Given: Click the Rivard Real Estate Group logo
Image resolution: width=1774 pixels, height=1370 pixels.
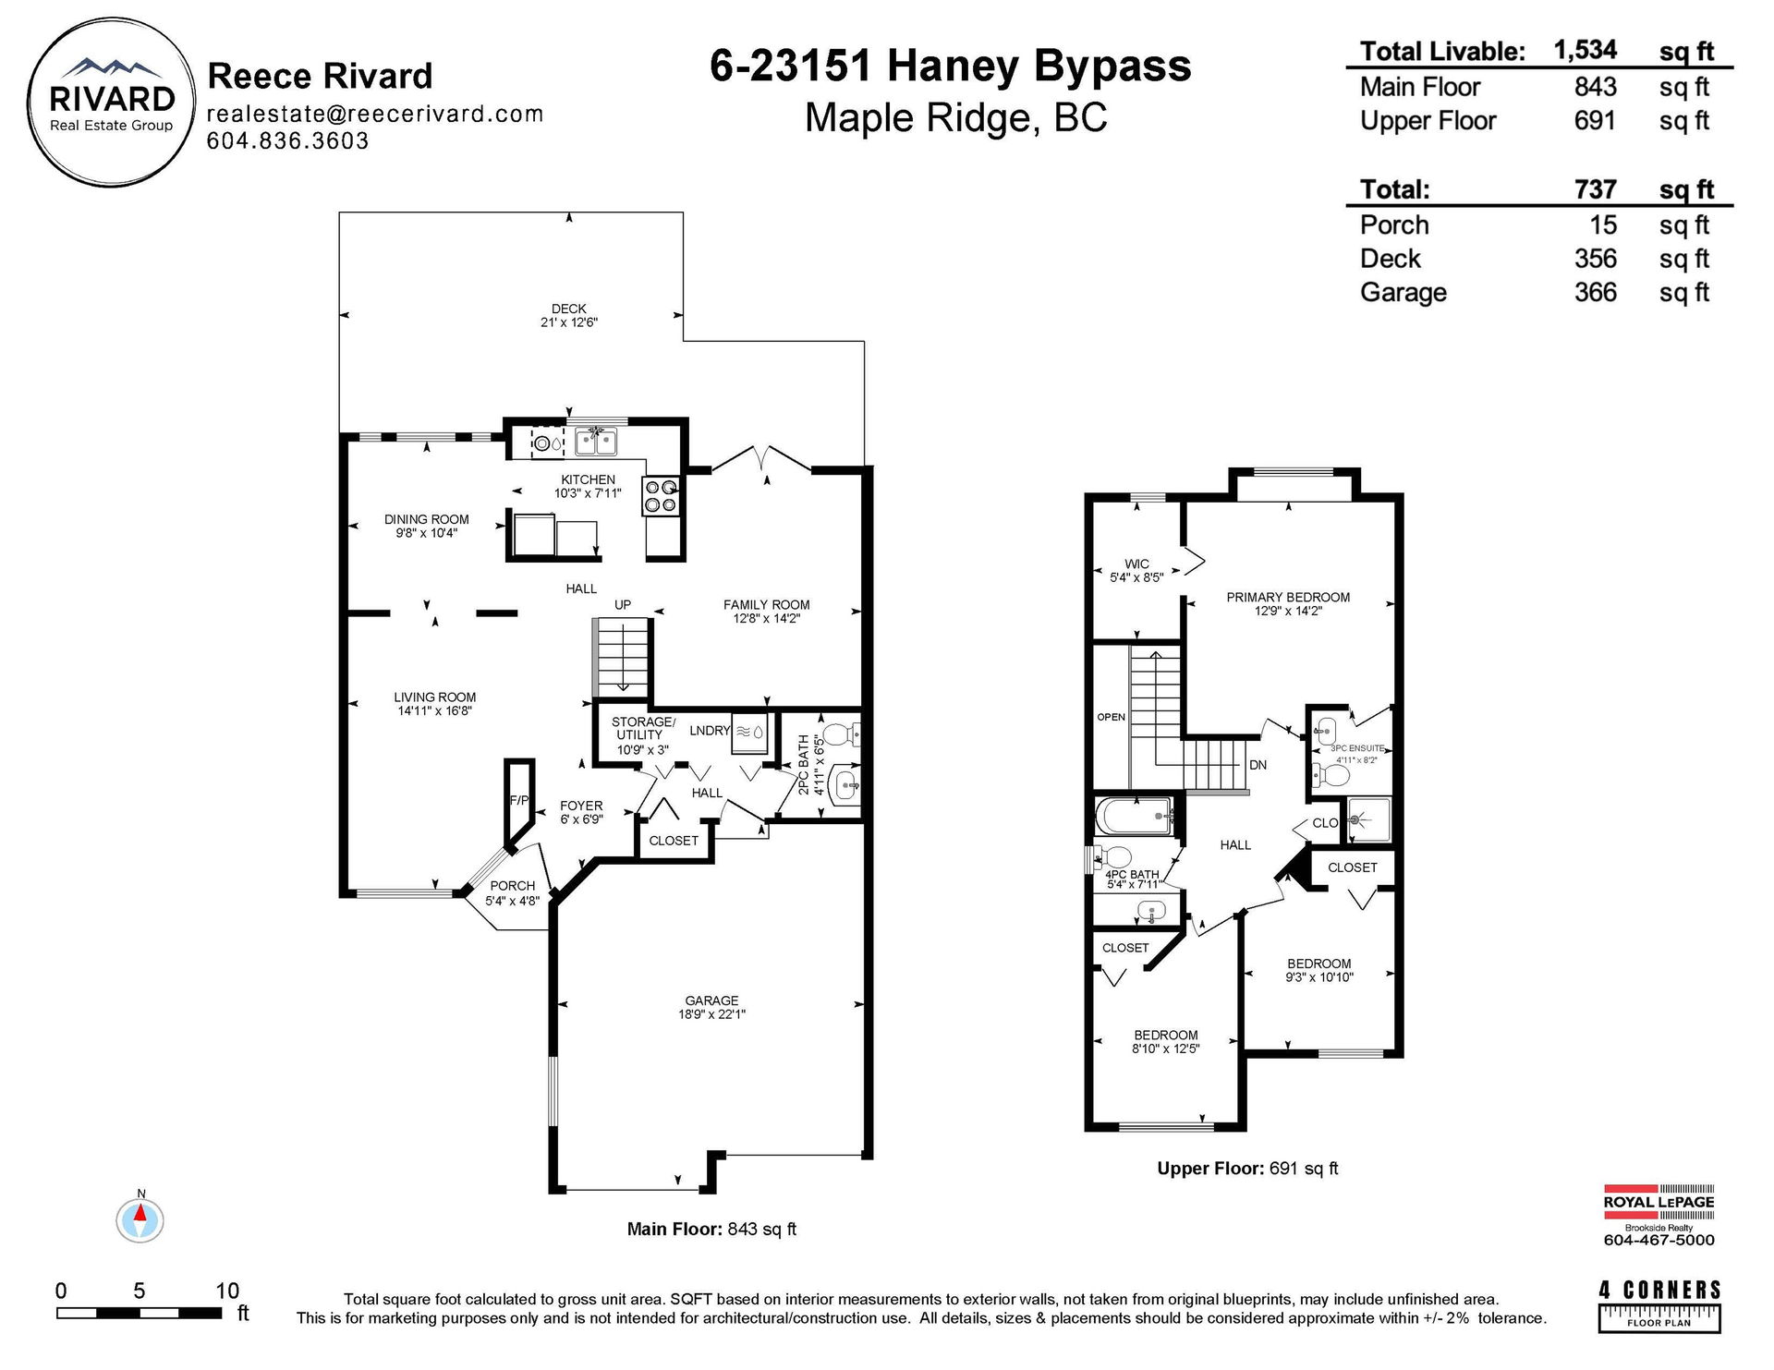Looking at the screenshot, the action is point(111,103).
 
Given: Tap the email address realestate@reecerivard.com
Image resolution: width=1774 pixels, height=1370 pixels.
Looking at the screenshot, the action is point(374,114).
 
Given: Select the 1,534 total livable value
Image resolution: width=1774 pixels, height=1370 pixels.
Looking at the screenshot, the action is point(1585,50).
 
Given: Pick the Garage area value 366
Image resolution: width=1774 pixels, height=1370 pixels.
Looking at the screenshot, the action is point(1596,293).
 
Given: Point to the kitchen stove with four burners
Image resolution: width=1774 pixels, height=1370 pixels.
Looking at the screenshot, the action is point(662,495).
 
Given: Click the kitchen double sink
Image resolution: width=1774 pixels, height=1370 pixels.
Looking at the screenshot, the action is point(596,443).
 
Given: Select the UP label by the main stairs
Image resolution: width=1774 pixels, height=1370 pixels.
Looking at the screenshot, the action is point(623,605).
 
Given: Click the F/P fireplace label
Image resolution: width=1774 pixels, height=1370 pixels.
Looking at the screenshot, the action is point(519,800).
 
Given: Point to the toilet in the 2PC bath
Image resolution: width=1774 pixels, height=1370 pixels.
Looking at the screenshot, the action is point(841,735).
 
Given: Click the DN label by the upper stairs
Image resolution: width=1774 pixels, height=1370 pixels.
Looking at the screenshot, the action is point(1258,765).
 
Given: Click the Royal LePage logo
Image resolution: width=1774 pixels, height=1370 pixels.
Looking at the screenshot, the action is point(1659,1215).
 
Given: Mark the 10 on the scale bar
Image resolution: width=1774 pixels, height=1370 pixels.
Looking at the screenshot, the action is point(227,1291).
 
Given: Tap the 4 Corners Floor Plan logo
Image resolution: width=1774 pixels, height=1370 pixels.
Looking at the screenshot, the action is point(1659,1305).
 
